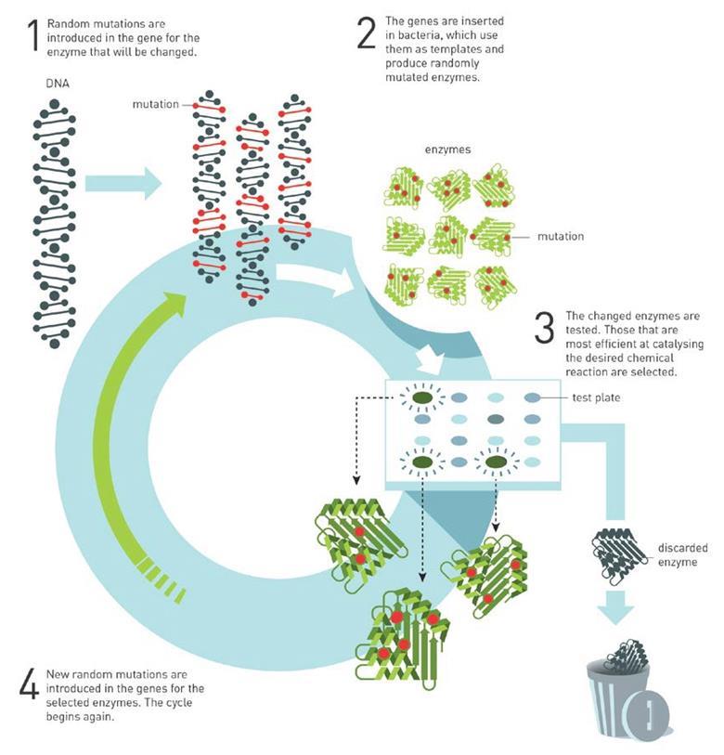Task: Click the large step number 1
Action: point(33,35)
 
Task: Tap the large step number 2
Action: point(367,33)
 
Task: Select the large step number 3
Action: point(545,328)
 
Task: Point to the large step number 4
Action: point(29,685)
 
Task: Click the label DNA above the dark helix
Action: point(58,84)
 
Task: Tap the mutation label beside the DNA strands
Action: point(155,104)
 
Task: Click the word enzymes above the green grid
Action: point(447,150)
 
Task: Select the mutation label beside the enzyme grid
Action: point(561,237)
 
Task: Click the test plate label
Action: point(596,397)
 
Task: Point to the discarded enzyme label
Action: point(682,554)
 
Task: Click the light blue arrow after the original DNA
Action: point(123,184)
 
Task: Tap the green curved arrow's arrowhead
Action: point(174,304)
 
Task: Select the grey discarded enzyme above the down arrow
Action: point(620,555)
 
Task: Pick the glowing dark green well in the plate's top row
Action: point(423,398)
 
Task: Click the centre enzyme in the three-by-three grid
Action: point(448,237)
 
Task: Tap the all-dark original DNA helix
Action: point(55,224)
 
